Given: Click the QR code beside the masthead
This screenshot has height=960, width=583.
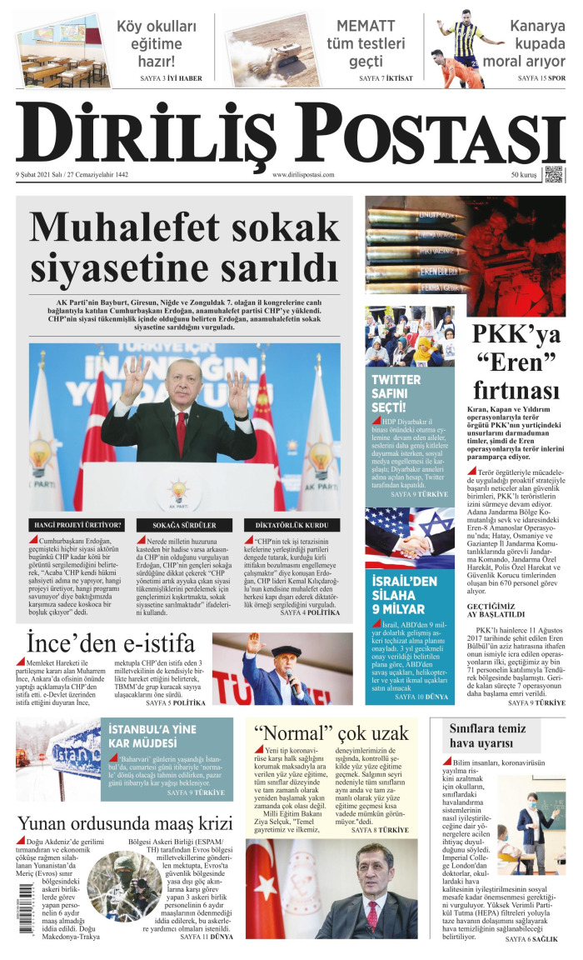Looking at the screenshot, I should (x=554, y=174).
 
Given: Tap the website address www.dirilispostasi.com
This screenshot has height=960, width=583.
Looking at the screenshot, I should (x=302, y=175).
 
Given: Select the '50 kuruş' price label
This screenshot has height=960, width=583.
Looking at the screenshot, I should (x=524, y=175).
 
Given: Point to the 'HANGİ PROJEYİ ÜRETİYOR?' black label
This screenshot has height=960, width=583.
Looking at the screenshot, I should (x=77, y=525).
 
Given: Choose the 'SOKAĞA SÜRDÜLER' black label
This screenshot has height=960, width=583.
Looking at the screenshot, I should (x=184, y=525).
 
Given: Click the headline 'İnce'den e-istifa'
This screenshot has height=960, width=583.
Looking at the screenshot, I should (x=111, y=644).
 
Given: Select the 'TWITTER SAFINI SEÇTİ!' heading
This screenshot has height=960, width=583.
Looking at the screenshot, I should (x=396, y=392).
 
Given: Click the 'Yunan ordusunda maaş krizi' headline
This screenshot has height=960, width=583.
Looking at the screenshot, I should (x=124, y=820).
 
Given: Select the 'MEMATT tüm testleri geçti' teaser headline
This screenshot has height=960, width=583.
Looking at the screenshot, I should (x=366, y=43).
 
